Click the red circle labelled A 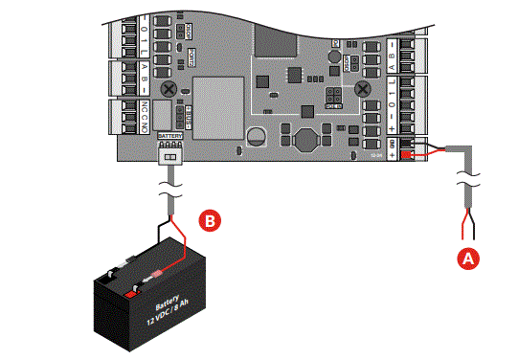(x=468, y=258)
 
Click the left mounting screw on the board (x=169, y=88)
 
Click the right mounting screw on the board (x=363, y=88)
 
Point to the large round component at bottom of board (x=304, y=139)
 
